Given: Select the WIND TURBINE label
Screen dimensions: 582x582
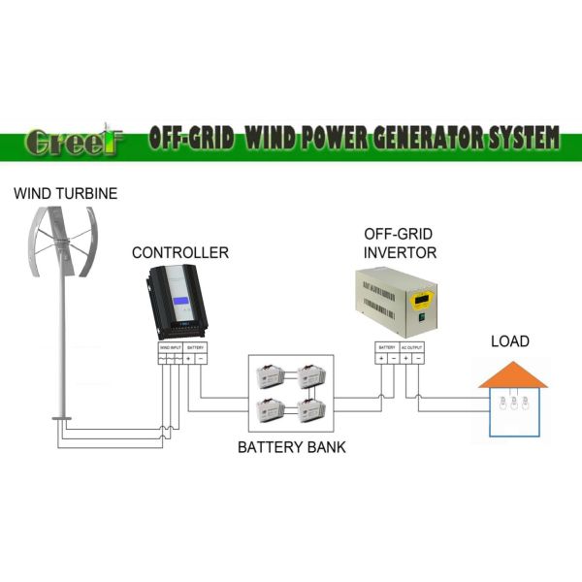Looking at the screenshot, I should [x=65, y=194].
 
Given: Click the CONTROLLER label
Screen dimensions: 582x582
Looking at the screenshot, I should [x=180, y=253].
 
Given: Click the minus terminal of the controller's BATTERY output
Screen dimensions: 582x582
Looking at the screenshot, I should [x=200, y=359].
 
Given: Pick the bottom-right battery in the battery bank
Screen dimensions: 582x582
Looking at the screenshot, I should [x=311, y=410].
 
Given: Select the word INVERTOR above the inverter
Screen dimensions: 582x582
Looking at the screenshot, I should [x=400, y=253].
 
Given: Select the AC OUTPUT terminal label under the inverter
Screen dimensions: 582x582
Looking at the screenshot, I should [x=411, y=346].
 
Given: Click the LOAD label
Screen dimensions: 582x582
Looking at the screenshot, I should [x=510, y=341].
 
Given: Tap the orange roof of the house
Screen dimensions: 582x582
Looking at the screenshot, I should [x=510, y=374].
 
